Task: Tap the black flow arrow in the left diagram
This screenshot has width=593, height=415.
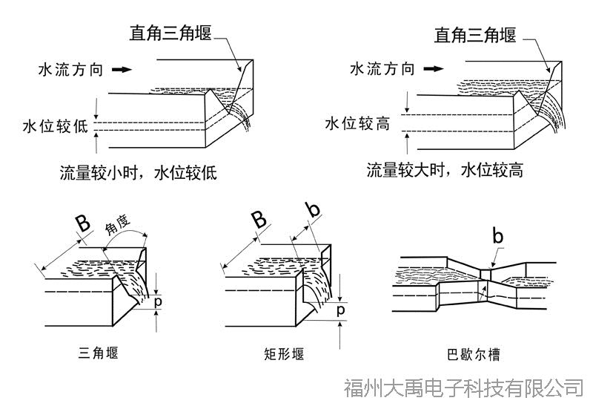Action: click(x=122, y=70)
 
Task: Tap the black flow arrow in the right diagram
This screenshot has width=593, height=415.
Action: click(x=434, y=69)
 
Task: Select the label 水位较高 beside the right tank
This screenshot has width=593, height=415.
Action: click(x=357, y=123)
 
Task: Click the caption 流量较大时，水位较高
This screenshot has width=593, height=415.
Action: click(x=445, y=170)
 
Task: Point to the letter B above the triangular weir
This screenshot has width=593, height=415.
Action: click(x=83, y=223)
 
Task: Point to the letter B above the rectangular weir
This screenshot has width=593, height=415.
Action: click(x=259, y=220)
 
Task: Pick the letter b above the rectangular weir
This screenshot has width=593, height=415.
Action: click(x=314, y=210)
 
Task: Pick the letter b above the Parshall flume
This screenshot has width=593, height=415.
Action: click(x=498, y=237)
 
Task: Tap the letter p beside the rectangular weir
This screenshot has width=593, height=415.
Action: click(x=340, y=310)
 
